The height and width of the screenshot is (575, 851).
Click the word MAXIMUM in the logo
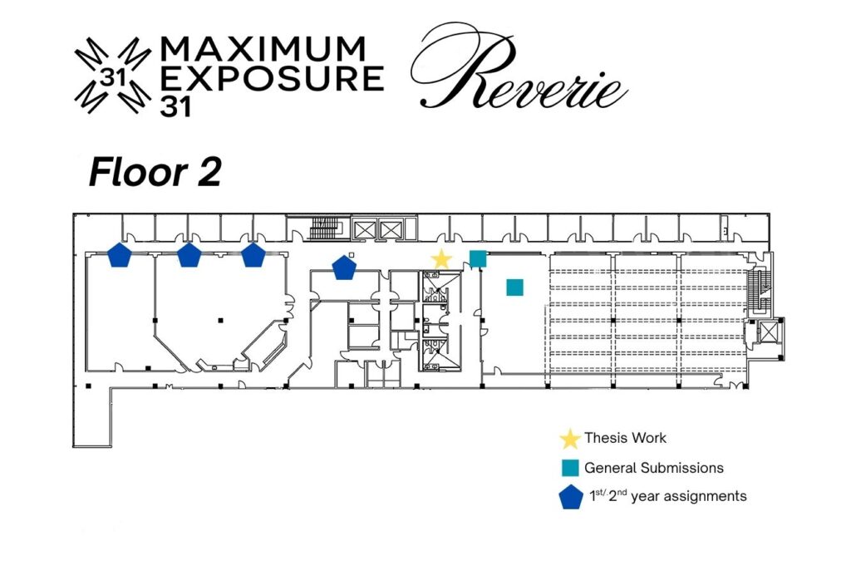[x=263, y=49]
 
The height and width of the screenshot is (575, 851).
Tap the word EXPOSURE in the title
[x=273, y=78]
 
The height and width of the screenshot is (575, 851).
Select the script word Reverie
[x=519, y=68]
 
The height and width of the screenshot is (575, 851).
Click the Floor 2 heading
[x=155, y=172]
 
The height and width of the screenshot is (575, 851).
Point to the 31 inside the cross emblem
[x=113, y=78]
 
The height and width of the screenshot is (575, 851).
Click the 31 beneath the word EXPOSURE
[x=175, y=107]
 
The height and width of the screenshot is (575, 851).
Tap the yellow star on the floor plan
[x=442, y=259]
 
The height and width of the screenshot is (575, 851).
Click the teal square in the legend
[x=570, y=468]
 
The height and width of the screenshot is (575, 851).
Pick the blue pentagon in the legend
[x=571, y=498]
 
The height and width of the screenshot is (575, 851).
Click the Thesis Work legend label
[x=625, y=438]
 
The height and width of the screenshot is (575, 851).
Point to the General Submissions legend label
[x=654, y=468]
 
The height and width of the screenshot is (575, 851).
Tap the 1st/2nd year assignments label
[x=668, y=496]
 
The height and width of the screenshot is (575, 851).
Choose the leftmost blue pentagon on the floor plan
[x=120, y=254]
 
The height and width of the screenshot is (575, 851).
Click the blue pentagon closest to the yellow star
[x=344, y=268]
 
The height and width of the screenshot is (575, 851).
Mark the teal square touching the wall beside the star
[x=478, y=258]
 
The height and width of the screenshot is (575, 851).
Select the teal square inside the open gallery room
[x=515, y=287]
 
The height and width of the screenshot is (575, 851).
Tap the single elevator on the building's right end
[x=768, y=332]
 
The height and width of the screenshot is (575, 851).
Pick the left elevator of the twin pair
[x=365, y=229]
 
